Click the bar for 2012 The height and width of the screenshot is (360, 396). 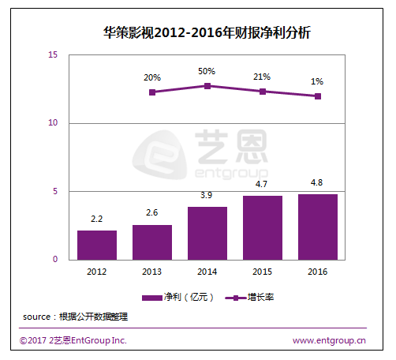coord(97,246)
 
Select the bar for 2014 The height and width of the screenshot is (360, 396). coord(207,234)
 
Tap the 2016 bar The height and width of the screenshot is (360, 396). coord(318,227)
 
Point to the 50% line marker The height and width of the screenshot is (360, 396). coord(207,86)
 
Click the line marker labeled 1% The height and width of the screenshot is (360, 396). coord(318,96)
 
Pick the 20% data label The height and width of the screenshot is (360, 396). coord(152,77)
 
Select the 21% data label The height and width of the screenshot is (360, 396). coord(262,77)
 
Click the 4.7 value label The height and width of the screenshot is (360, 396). coord(261,184)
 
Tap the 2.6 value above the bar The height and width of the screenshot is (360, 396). coord(152,212)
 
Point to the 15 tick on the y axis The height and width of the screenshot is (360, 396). coord(53,54)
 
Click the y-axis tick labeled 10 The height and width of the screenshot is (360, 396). coord(53,122)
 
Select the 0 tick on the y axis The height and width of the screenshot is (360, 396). coord(55,259)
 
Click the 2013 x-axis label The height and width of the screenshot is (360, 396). coord(151,272)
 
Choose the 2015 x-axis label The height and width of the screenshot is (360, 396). coord(262,272)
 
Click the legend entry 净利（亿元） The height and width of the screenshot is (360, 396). coord(177,298)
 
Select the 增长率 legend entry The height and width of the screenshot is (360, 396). coord(249,298)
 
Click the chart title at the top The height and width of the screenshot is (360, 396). coord(207,32)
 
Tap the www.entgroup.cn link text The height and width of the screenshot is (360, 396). coord(329,340)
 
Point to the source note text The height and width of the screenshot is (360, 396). coord(75,317)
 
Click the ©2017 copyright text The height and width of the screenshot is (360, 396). coord(73,340)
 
